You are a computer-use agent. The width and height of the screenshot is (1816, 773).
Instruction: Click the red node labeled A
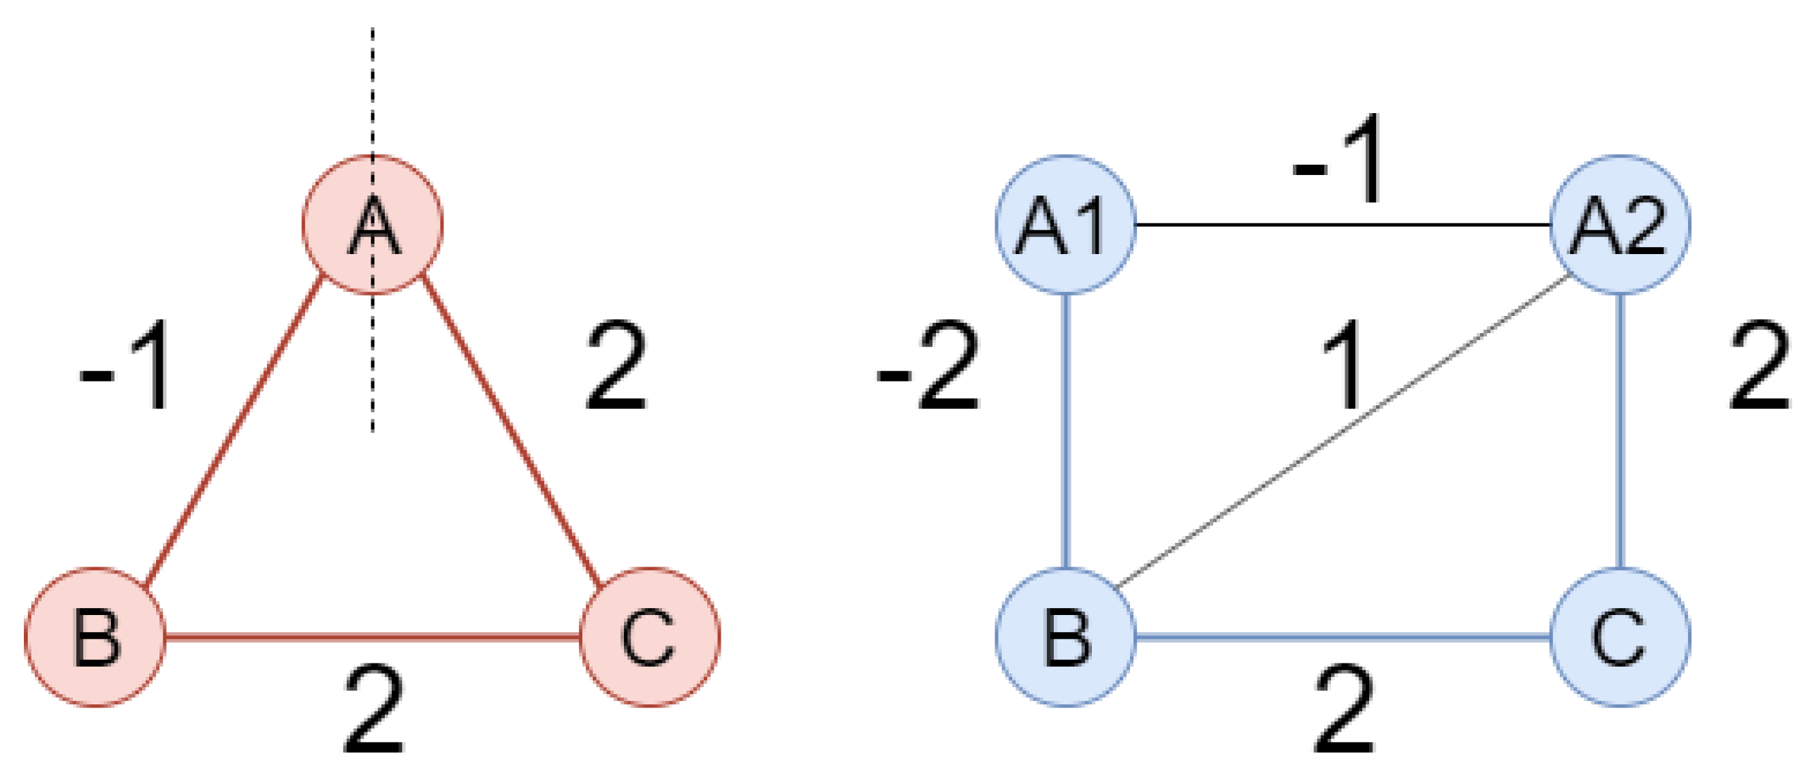372,224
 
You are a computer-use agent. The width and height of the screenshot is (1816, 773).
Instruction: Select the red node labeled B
96,637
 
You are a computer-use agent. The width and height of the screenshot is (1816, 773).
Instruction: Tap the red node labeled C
649,637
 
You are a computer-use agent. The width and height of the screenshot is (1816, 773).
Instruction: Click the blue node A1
1065,224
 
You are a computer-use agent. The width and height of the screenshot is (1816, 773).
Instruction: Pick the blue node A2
1620,224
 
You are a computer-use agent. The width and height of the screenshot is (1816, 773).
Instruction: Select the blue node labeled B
1065,637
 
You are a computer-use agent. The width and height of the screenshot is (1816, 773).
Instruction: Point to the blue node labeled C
1620,637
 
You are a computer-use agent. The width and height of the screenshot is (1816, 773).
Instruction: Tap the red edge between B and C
372,637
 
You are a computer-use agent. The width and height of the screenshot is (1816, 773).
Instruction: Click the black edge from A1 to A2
1343,224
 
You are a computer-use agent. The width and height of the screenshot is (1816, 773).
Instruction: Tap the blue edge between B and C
1343,637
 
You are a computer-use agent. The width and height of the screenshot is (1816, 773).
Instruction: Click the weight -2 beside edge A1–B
929,366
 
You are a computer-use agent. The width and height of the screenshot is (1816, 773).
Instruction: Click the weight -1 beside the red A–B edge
125,366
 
